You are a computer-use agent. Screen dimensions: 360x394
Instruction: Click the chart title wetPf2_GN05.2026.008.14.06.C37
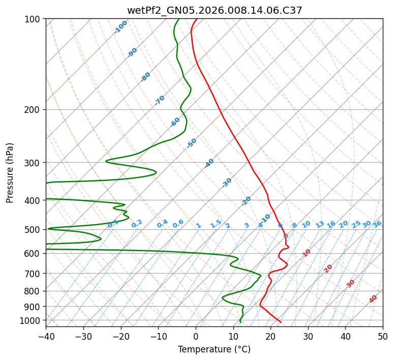point(215,10)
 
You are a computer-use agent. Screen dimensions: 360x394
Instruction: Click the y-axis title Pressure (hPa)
point(10,173)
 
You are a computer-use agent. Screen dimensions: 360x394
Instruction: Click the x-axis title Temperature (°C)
point(214,349)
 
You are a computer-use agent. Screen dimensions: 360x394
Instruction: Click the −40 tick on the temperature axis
point(46,336)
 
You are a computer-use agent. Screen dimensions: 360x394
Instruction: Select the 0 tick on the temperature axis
point(196,336)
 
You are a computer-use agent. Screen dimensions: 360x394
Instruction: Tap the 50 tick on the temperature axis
point(383,336)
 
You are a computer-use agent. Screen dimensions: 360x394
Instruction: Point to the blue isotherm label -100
point(121,26)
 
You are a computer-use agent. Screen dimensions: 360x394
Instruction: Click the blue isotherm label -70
point(160,100)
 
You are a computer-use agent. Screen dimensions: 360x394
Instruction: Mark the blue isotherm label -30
point(227,183)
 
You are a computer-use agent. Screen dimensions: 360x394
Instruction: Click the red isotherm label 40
point(373,299)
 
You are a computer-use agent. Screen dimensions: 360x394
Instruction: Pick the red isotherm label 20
point(328,268)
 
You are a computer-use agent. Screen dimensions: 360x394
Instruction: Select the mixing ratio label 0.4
point(162,224)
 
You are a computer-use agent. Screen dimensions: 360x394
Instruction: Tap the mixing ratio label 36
point(377,224)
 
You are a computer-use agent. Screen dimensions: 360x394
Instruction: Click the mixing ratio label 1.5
point(216,223)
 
